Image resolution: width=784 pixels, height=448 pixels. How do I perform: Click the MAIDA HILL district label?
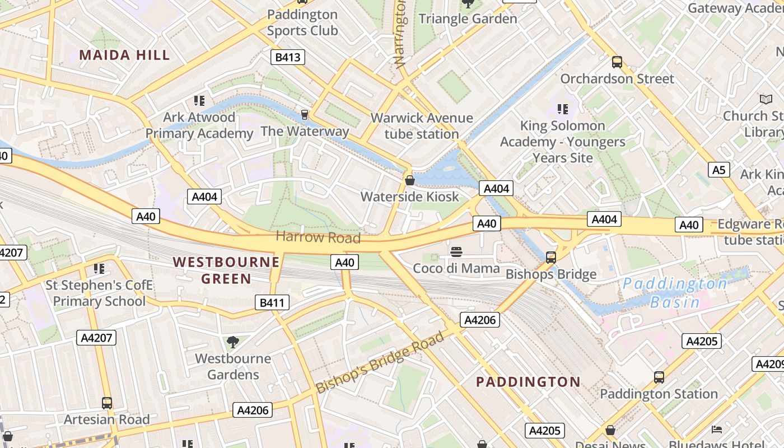pyautogui.click(x=124, y=55)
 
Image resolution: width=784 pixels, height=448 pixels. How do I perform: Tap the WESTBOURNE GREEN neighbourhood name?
pyautogui.click(x=226, y=270)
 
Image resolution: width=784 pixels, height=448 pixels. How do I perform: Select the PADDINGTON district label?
pyautogui.click(x=528, y=382)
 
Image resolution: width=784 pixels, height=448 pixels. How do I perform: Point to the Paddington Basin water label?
pyautogui.click(x=675, y=293)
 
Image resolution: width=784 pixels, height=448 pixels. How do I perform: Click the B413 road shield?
pyautogui.click(x=288, y=57)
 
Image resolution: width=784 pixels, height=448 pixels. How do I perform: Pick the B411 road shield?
pyautogui.click(x=272, y=303)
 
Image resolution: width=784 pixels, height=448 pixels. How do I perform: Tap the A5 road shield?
pyautogui.click(x=718, y=170)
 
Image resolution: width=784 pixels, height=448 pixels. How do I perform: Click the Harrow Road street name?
pyautogui.click(x=318, y=237)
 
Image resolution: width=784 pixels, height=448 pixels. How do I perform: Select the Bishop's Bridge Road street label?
pyautogui.click(x=380, y=362)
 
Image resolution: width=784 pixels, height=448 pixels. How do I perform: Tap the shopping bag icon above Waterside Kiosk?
pyautogui.click(x=410, y=180)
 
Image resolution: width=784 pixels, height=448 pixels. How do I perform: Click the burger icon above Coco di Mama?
pyautogui.click(x=456, y=251)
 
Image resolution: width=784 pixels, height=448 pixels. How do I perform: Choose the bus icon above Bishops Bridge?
pyautogui.click(x=551, y=258)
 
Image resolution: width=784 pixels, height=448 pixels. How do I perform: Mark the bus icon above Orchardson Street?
pyautogui.click(x=617, y=62)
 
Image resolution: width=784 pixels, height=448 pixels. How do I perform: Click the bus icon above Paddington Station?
pyautogui.click(x=659, y=377)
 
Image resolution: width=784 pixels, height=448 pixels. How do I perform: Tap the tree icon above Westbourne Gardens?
pyautogui.click(x=233, y=342)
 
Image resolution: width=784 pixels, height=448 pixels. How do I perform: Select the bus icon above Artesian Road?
pyautogui.click(x=106, y=403)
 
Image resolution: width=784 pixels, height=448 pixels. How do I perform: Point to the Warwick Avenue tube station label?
pyautogui.click(x=422, y=126)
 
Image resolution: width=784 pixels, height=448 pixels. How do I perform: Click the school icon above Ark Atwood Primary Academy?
pyautogui.click(x=199, y=101)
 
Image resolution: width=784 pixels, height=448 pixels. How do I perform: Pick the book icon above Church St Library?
pyautogui.click(x=766, y=99)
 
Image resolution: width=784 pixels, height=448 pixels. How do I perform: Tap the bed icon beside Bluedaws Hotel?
pyautogui.click(x=717, y=430)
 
